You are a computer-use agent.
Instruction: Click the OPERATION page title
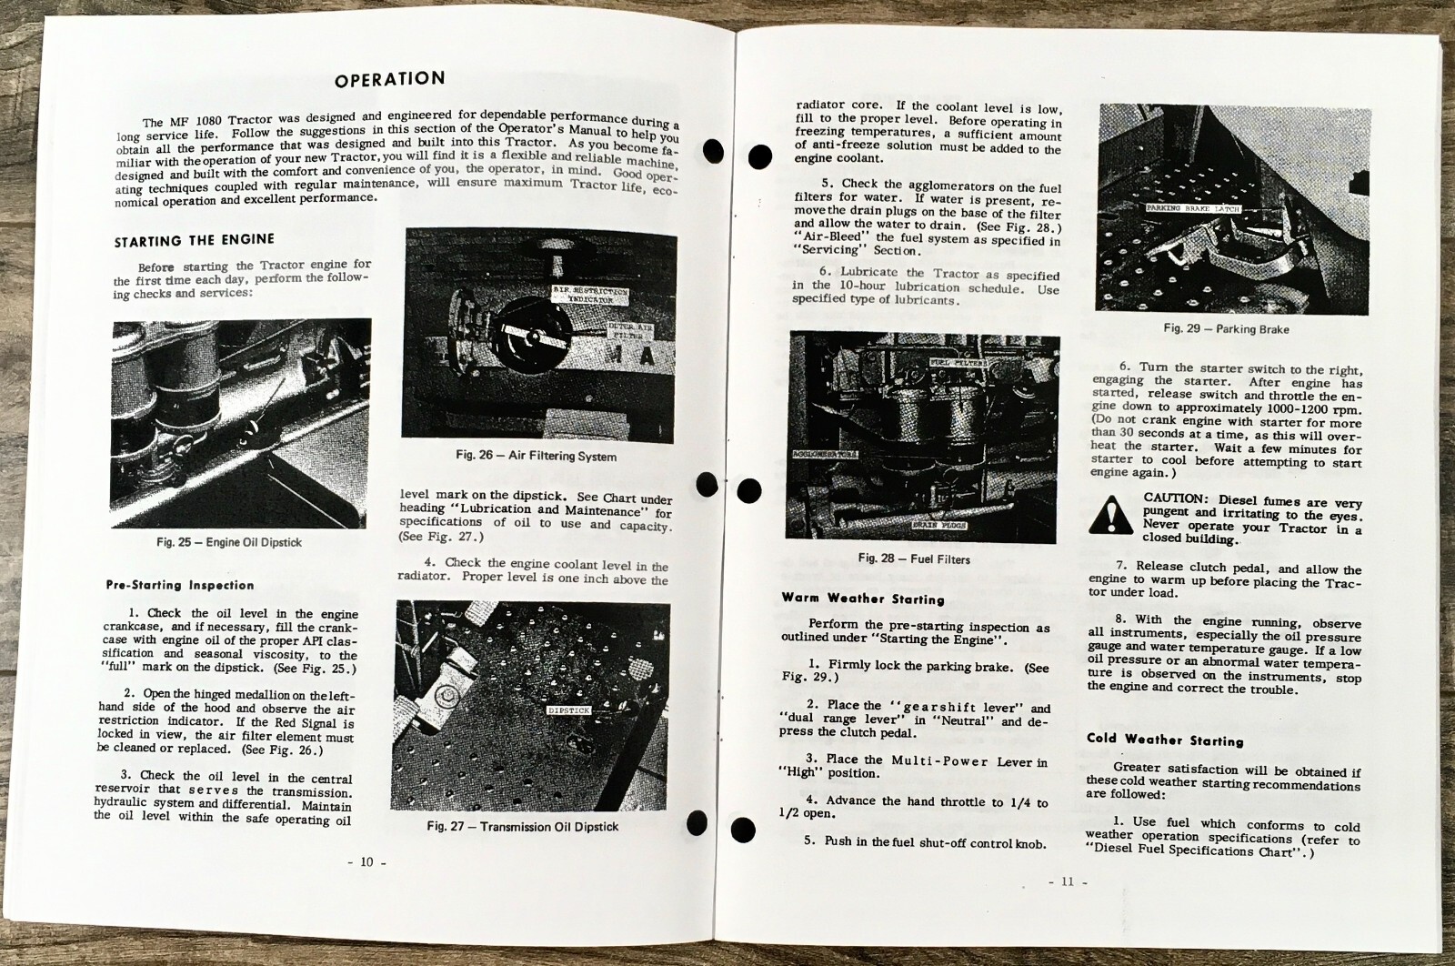pos(389,79)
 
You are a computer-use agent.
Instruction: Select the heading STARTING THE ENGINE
pos(194,240)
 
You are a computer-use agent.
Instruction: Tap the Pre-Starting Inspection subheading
pos(180,585)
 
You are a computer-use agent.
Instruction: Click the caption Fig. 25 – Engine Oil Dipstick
pos(228,542)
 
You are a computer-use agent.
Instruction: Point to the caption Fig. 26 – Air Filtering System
pos(536,456)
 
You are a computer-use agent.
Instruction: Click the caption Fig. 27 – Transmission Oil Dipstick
pos(522,826)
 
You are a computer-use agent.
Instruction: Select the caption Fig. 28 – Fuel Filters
pos(914,558)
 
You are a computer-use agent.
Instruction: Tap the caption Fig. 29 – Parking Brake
pos(1226,328)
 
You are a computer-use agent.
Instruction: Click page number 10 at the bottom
pos(366,862)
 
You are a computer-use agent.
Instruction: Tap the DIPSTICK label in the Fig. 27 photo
pos(568,710)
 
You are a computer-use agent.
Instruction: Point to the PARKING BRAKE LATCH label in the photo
pos(1191,208)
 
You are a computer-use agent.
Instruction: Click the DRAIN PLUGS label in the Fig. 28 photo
pos(939,525)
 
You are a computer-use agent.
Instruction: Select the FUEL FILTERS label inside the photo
pos(956,362)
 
